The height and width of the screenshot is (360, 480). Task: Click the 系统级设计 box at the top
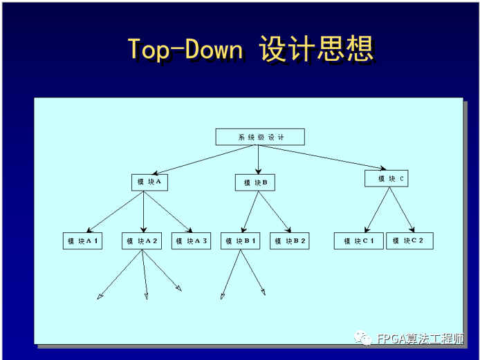pos(259,137)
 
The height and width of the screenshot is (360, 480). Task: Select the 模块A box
pos(150,182)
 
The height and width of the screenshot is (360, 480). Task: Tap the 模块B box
pos(255,183)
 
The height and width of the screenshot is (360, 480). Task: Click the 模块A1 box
pos(82,241)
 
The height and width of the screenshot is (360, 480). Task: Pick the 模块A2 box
pos(142,241)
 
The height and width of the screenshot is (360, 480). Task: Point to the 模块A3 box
pos(191,241)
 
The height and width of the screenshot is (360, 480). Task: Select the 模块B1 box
pos(241,241)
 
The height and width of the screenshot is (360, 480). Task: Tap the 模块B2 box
pos(290,241)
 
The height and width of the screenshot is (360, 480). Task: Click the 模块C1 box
pos(358,241)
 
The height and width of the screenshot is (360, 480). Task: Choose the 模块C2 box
pos(409,241)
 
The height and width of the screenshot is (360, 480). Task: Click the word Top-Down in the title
pos(185,49)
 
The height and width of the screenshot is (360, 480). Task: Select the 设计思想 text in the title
pos(317,49)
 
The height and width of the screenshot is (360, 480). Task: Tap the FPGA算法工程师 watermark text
pos(421,339)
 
